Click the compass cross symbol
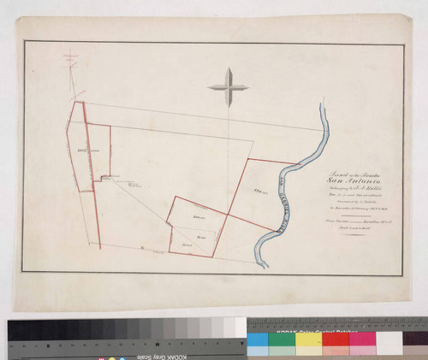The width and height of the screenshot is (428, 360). (x=228, y=86)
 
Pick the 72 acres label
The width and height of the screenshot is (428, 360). (x=201, y=235)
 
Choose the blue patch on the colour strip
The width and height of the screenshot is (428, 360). (x=257, y=339)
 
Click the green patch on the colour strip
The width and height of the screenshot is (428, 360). (x=282, y=339)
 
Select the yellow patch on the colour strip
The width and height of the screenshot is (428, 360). (x=308, y=339)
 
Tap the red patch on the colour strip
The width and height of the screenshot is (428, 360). (x=336, y=339)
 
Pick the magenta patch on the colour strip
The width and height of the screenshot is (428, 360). (x=362, y=339)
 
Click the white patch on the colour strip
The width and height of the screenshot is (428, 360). (x=389, y=339)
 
